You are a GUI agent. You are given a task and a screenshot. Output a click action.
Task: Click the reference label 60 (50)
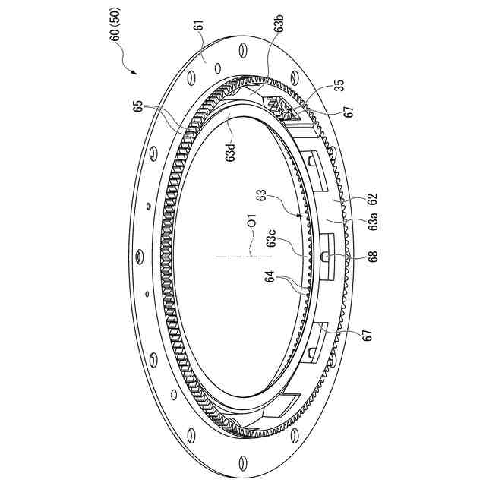click(x=115, y=24)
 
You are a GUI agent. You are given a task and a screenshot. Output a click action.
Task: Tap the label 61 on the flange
click(x=200, y=25)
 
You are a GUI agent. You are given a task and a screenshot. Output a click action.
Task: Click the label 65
click(x=139, y=106)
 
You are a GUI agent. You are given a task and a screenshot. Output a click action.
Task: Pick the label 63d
click(x=231, y=151)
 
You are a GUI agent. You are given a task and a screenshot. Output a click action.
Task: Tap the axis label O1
click(x=253, y=219)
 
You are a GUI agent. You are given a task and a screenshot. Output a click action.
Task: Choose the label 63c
click(x=272, y=238)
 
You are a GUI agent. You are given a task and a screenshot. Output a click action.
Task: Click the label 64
click(x=270, y=276)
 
